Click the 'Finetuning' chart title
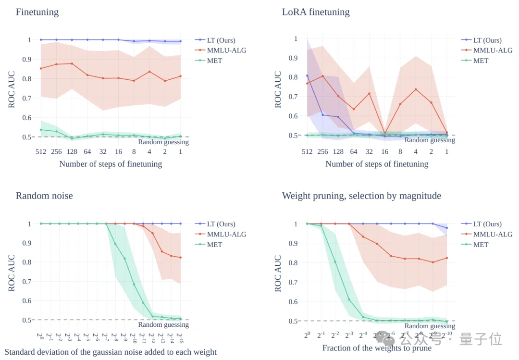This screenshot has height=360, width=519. tap(37, 12)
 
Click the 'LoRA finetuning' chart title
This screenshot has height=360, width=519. tap(316, 12)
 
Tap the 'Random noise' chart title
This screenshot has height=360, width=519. tap(44, 196)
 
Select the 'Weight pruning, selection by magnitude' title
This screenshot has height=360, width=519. tap(361, 196)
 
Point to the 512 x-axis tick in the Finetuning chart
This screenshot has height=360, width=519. tap(40, 151)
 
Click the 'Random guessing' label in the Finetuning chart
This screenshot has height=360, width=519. tap(163, 142)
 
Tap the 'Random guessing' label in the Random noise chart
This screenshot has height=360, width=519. tap(163, 325)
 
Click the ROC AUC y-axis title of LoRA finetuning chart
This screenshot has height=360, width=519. tap(278, 90)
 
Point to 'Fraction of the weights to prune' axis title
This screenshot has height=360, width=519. tap(377, 348)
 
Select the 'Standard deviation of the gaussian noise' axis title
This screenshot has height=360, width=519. tap(111, 352)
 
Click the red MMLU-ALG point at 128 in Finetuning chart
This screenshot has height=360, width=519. tap(72, 63)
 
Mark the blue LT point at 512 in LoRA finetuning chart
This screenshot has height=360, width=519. tap(307, 76)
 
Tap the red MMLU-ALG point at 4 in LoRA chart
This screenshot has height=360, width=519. tap(416, 89)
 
